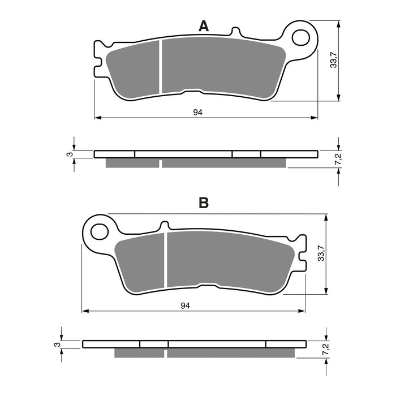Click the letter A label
point(204,25)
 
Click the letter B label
point(204,203)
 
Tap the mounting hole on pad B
point(100,231)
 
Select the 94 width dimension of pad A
point(197,113)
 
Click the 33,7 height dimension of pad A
point(333,58)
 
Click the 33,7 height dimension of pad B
point(321,253)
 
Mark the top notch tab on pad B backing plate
point(164,225)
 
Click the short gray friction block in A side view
point(132,163)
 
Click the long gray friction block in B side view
point(231,352)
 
